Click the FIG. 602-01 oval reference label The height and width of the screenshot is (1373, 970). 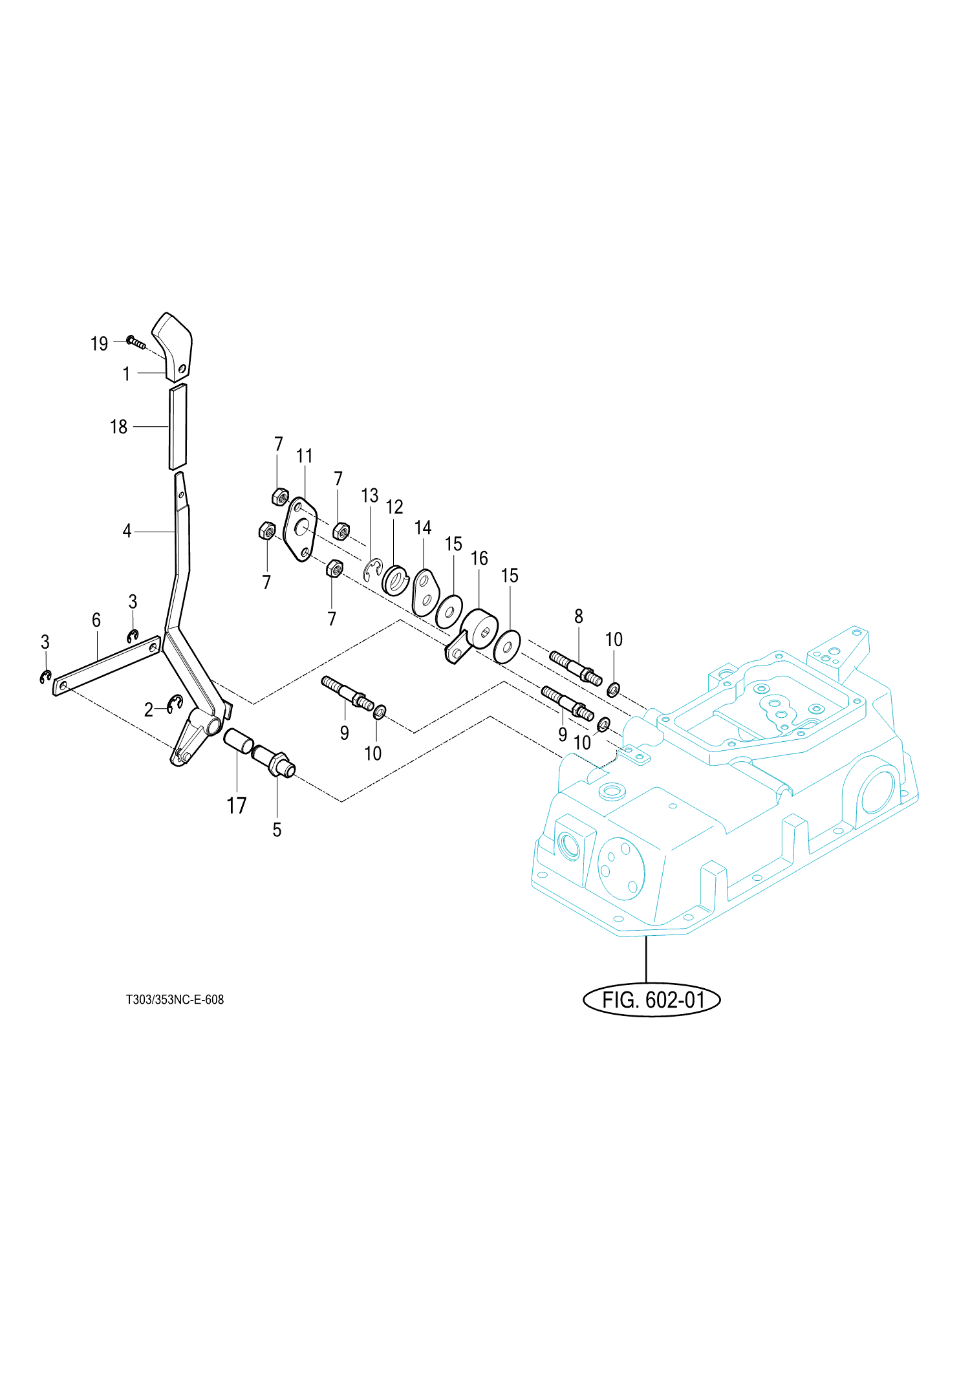tap(652, 1000)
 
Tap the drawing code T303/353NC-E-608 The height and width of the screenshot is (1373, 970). tap(175, 999)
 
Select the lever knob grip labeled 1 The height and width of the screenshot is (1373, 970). tap(173, 346)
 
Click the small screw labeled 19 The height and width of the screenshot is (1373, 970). tap(136, 341)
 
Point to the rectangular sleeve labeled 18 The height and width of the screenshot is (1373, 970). tap(178, 427)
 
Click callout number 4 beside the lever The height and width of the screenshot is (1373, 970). tap(127, 531)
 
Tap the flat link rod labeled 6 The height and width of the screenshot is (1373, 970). tap(107, 665)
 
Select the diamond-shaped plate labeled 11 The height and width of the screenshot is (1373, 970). tap(301, 530)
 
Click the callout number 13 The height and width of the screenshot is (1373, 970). tap(369, 496)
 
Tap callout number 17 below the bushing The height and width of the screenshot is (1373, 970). tap(236, 806)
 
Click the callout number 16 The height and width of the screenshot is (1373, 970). tap(479, 558)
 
